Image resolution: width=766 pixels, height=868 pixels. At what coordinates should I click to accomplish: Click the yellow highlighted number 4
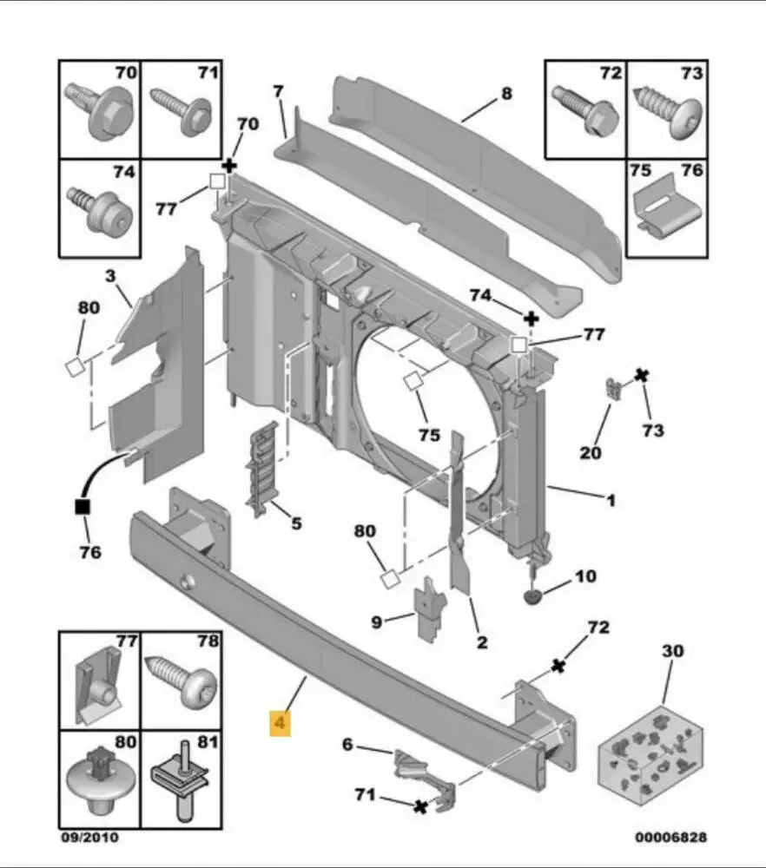click(280, 721)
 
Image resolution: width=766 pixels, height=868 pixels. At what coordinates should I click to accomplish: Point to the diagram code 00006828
click(671, 838)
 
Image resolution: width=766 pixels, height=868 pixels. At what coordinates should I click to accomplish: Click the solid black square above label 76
click(84, 507)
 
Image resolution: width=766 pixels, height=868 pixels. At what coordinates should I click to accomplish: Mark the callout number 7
click(278, 90)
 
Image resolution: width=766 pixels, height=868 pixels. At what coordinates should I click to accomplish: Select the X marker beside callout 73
click(642, 376)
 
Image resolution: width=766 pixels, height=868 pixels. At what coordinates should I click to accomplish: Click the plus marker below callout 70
click(229, 164)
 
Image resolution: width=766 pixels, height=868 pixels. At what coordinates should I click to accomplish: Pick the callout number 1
click(611, 500)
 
